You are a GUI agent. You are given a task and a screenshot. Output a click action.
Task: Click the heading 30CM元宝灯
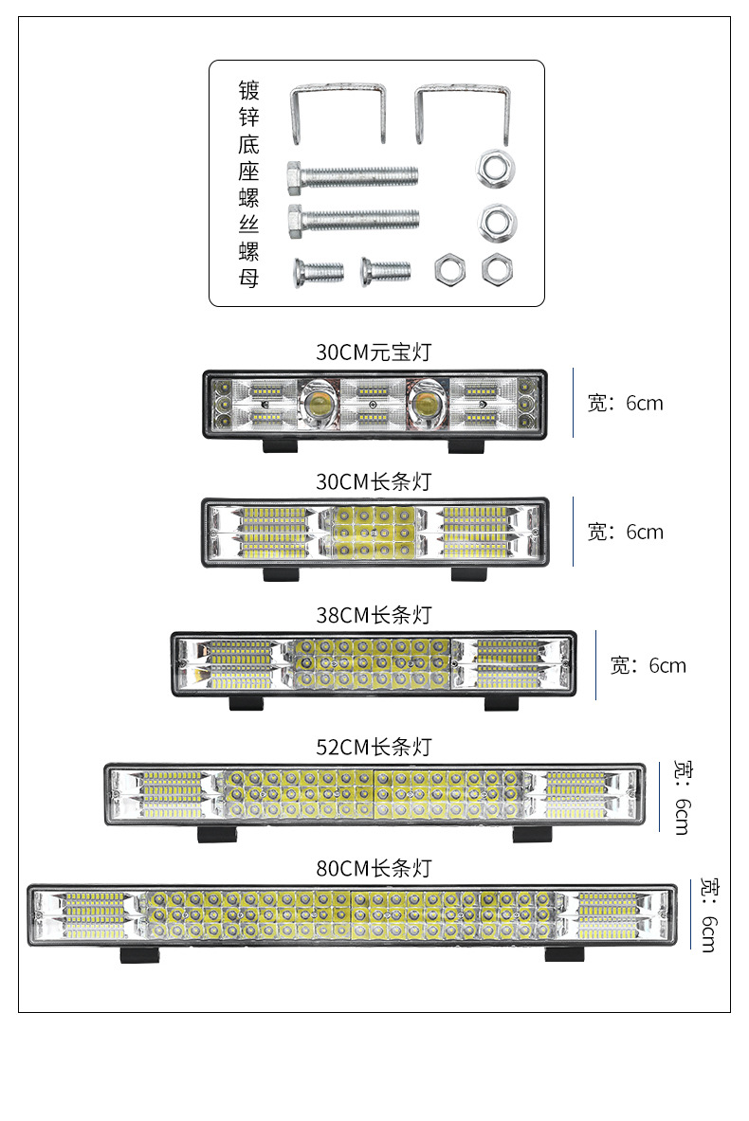coord(374,353)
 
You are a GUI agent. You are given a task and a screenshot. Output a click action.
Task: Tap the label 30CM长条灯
coord(374,481)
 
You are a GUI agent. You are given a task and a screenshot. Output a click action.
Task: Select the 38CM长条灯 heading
coord(374,615)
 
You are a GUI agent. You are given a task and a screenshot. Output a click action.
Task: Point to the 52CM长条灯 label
coord(374,747)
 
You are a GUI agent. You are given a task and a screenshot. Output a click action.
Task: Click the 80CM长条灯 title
coord(374,867)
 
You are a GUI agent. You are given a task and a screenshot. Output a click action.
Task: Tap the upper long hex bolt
coord(352,175)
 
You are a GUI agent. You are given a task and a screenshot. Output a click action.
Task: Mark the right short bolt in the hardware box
coord(386,271)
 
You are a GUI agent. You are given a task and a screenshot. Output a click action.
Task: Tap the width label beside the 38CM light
coord(648,665)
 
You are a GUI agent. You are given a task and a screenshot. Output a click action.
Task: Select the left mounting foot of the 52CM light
coord(218,834)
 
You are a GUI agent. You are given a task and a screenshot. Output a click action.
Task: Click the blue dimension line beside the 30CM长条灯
coord(574,532)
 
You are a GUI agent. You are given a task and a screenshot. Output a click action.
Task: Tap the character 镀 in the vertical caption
coord(248,91)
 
